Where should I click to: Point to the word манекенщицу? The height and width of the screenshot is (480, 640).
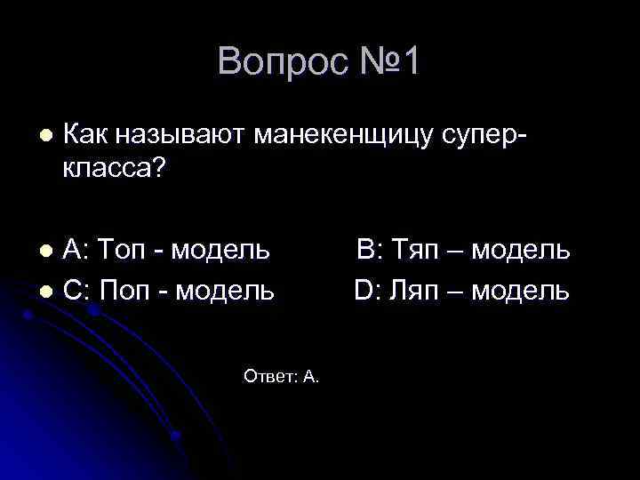[x=345, y=137]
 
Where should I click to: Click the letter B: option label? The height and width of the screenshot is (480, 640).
[x=369, y=251]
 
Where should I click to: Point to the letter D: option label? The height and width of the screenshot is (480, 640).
[x=367, y=290]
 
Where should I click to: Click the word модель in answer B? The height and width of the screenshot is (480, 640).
[x=521, y=251]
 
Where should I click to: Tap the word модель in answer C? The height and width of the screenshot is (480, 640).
[x=222, y=290]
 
